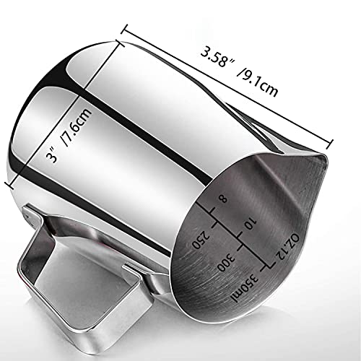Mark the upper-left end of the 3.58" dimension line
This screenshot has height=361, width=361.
[x=124, y=27]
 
